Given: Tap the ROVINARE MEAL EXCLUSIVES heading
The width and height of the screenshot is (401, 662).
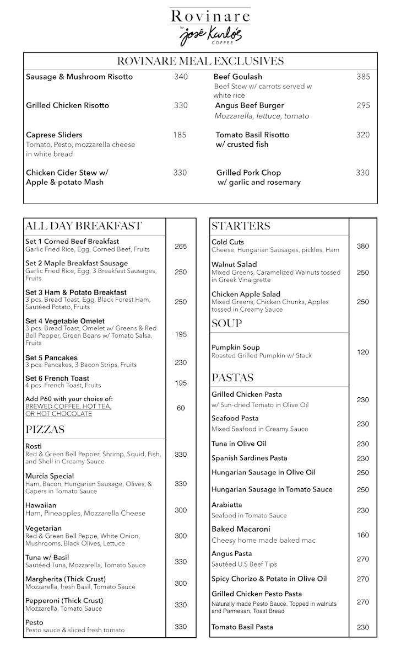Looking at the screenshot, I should (x=201, y=61).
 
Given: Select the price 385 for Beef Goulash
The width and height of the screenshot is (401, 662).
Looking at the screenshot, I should (x=363, y=77).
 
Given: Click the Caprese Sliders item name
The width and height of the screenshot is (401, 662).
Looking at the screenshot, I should (x=54, y=135).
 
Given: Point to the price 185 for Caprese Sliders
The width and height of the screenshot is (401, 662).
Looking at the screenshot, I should (x=180, y=135).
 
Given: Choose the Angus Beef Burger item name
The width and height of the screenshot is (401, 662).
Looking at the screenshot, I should (x=250, y=105).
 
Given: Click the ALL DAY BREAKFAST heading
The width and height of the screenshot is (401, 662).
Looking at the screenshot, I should (x=83, y=226).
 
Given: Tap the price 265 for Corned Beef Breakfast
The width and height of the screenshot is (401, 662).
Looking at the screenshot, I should (x=181, y=246).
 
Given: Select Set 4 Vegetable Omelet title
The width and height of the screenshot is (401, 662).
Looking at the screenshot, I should (x=65, y=321).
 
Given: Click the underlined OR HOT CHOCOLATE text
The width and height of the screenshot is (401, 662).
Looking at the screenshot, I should (x=58, y=414).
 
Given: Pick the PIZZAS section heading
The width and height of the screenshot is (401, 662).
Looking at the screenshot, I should (x=45, y=429).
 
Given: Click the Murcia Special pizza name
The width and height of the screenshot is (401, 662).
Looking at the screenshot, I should (x=50, y=476).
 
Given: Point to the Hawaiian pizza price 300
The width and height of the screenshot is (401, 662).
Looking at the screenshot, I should (x=181, y=510).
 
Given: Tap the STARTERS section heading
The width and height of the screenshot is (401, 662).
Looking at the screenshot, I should (x=241, y=226).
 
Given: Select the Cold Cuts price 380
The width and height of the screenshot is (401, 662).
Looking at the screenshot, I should (x=362, y=246).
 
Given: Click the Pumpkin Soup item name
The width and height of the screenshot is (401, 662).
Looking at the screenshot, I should (x=235, y=348).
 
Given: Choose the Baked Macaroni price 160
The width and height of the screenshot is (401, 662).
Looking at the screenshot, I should (x=362, y=535).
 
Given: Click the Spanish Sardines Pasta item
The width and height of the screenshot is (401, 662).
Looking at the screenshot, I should (x=249, y=458).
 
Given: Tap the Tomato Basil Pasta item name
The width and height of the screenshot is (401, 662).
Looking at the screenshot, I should (x=242, y=627).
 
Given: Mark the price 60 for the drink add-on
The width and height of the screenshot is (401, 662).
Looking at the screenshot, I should (x=181, y=408).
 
